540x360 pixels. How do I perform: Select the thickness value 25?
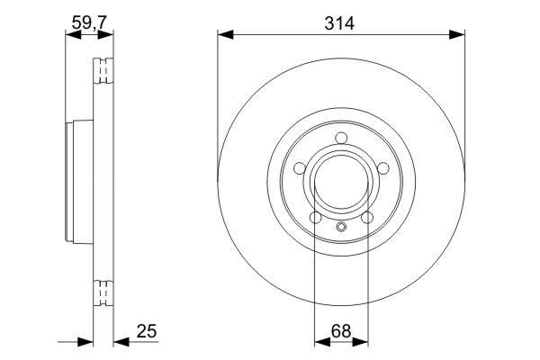pos(147,331)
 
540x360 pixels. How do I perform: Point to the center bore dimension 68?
pos(341,331)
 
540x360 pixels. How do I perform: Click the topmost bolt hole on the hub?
pos(341,138)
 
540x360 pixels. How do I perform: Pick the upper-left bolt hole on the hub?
pos(299,168)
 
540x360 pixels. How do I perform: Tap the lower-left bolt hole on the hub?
pos(315,218)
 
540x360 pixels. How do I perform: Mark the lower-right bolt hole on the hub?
pos(367,218)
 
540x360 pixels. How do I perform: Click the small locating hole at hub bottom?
pos(341,227)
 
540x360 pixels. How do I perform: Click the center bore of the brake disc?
pos(341,182)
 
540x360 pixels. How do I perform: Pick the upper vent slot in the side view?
pos(104,69)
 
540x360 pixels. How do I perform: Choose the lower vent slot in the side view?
pos(104,293)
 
